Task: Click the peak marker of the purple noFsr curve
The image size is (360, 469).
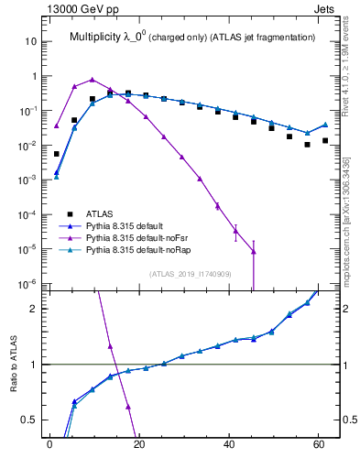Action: click(92, 80)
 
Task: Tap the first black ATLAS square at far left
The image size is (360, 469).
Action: click(57, 154)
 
